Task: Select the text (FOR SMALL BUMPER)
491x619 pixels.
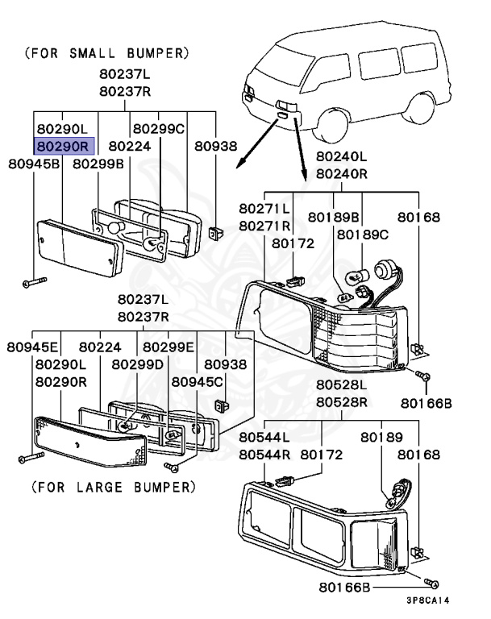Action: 107,53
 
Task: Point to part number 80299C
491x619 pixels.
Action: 159,128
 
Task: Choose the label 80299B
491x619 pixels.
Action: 98,164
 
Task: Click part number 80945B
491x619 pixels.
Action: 34,164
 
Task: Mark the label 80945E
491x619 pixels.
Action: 33,347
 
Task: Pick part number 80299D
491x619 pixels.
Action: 137,364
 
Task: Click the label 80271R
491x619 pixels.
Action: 264,226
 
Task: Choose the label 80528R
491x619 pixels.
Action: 342,402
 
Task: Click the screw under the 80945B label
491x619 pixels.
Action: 33,282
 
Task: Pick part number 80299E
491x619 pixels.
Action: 169,347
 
